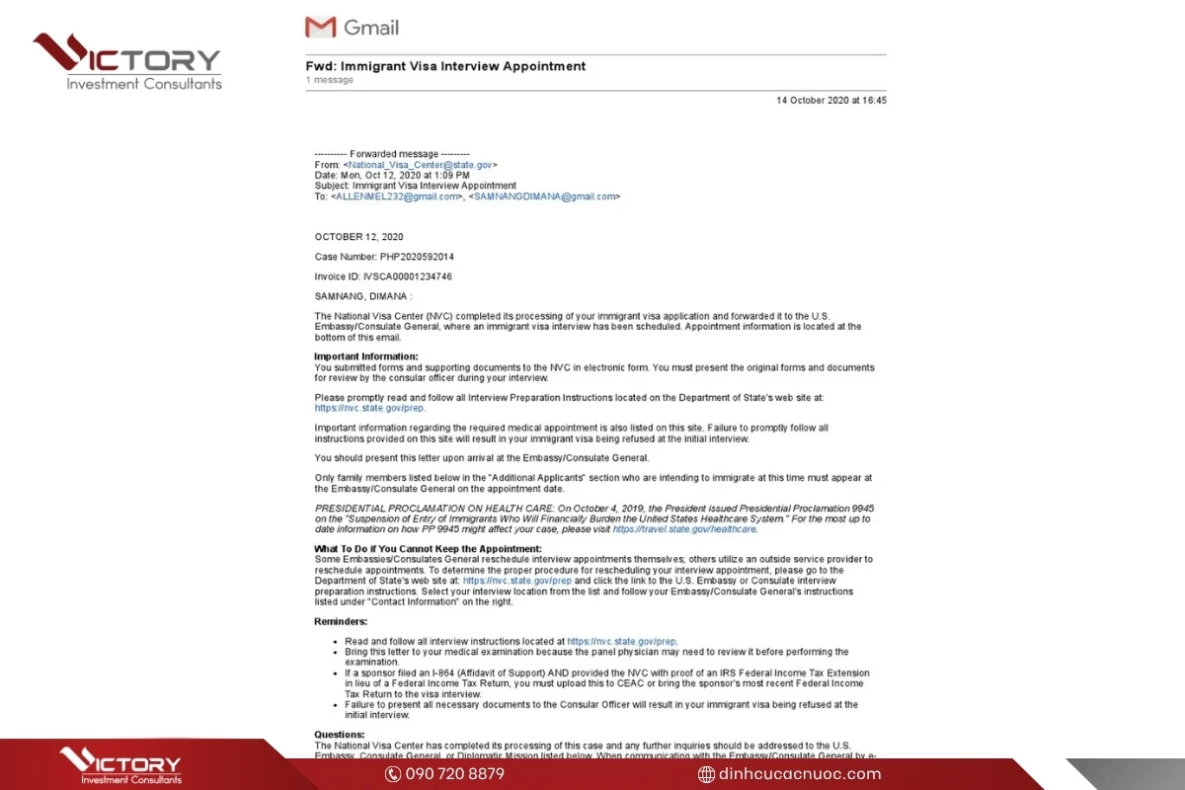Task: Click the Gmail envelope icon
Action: [x=321, y=27]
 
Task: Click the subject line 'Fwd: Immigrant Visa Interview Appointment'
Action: [x=445, y=66]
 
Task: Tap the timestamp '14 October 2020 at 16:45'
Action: [x=831, y=100]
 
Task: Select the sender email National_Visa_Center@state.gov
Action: [x=413, y=165]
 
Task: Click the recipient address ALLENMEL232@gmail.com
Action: [x=397, y=197]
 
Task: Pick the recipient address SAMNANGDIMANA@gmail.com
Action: [x=545, y=197]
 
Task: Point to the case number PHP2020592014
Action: [x=417, y=257]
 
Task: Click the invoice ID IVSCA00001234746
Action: [x=408, y=276]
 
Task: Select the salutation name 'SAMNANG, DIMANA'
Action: [x=360, y=296]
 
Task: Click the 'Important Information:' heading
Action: [x=366, y=356]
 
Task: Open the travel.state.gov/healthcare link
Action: [x=684, y=529]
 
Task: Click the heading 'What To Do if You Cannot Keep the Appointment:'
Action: [x=428, y=549]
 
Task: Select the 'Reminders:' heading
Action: [x=341, y=621]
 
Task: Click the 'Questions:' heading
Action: [x=340, y=735]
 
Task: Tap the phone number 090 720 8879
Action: [x=454, y=773]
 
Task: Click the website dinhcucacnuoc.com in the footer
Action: [x=800, y=773]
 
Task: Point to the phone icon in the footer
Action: [x=393, y=774]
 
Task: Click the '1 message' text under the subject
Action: [x=330, y=80]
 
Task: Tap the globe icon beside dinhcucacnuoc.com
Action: [x=706, y=774]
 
